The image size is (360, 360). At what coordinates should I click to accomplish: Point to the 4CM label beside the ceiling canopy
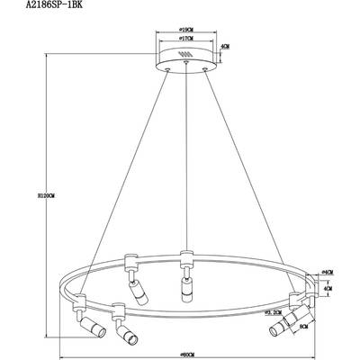click(228, 47)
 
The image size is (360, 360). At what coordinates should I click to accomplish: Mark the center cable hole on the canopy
click(185, 66)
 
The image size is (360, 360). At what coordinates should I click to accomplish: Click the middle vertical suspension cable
click(185, 162)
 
